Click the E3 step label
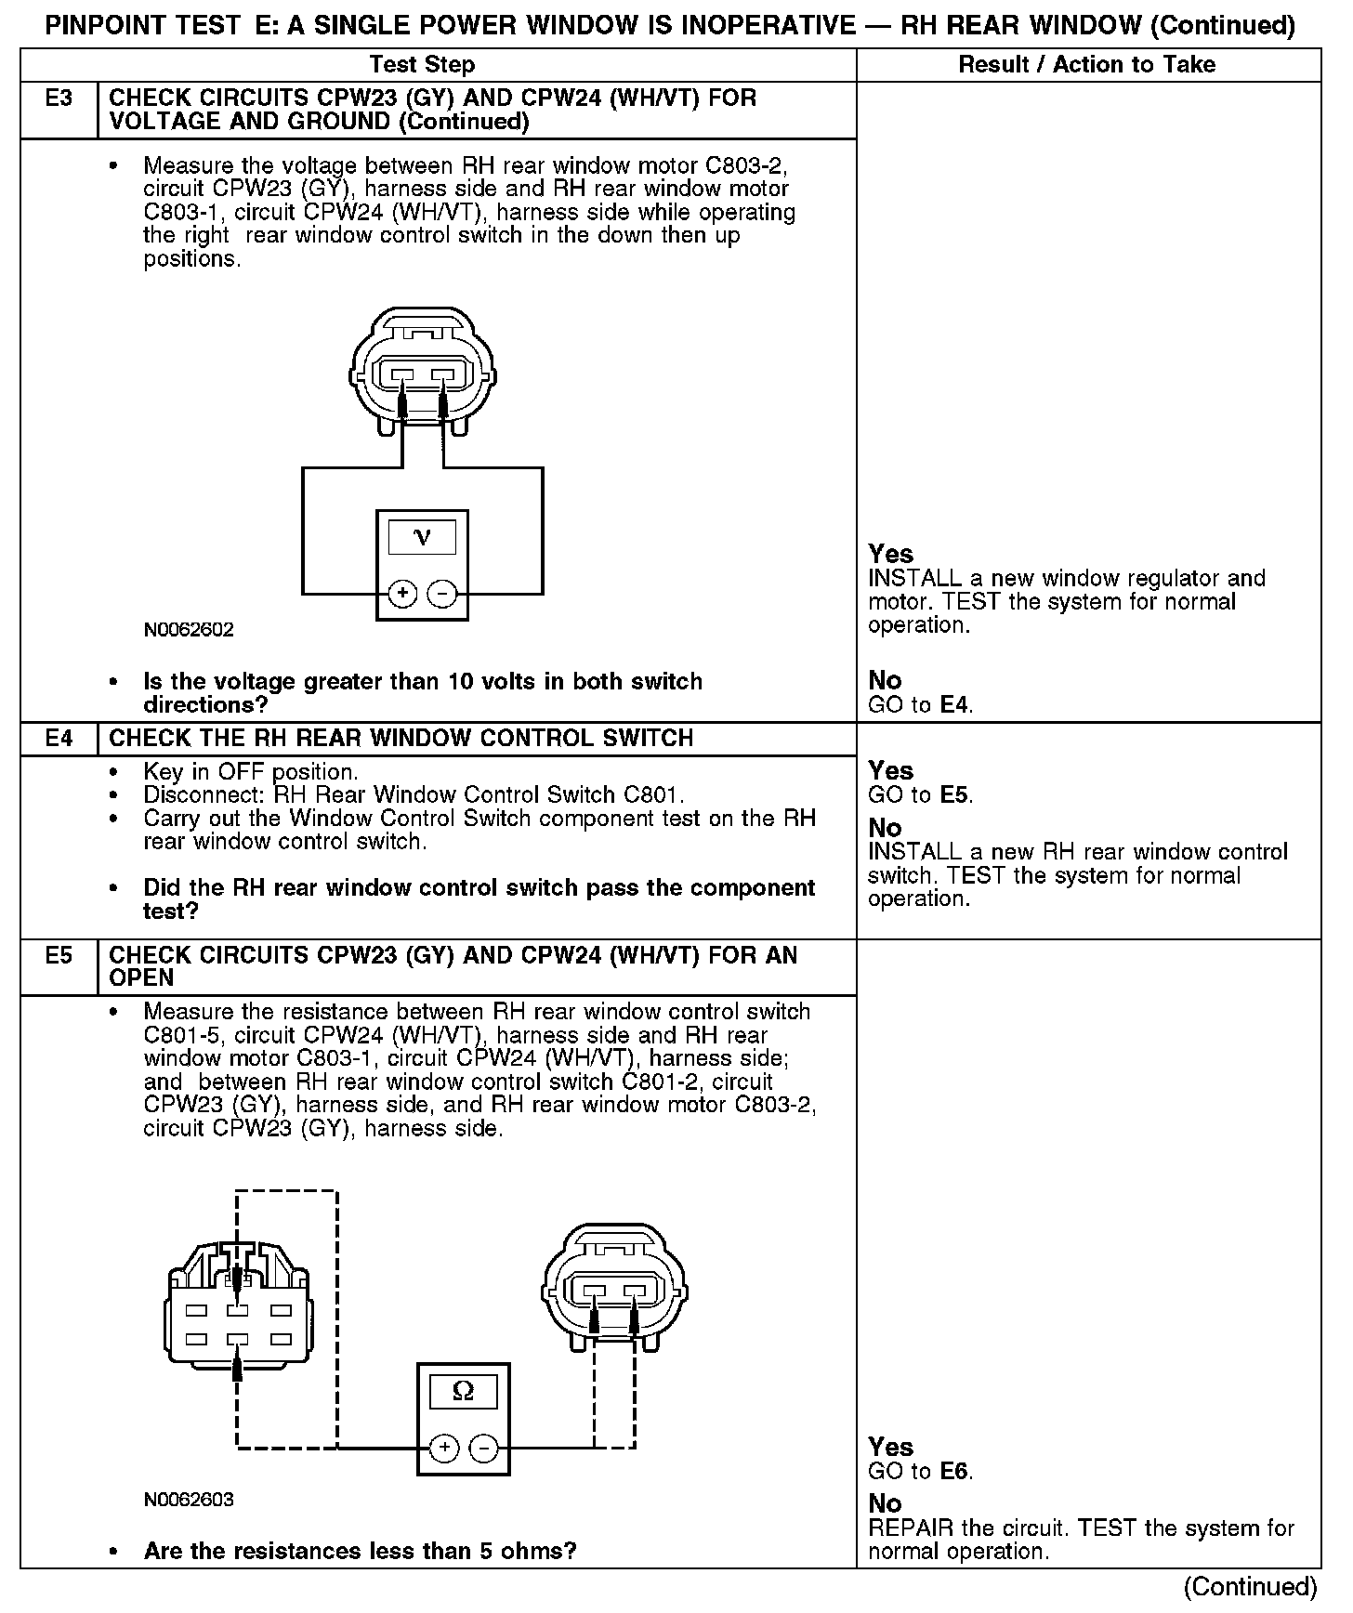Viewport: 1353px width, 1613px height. click(x=59, y=98)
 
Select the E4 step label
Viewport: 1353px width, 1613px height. click(x=59, y=739)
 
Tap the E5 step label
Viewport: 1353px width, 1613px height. click(x=59, y=955)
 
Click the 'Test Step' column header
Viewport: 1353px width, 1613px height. click(x=422, y=64)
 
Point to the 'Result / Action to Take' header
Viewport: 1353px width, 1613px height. click(x=1086, y=64)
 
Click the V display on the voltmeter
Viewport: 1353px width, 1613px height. click(x=422, y=537)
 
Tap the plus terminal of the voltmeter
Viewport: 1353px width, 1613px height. click(x=401, y=593)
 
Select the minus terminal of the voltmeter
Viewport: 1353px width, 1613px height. click(x=441, y=593)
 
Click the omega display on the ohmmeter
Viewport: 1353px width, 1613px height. click(x=463, y=1391)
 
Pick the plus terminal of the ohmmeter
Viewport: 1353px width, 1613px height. click(x=444, y=1448)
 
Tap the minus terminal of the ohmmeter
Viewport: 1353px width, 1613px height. click(x=483, y=1448)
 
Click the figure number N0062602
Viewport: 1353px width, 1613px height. click(x=189, y=629)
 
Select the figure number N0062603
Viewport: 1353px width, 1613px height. click(x=189, y=1499)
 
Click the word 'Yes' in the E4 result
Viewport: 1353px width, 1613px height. click(x=890, y=770)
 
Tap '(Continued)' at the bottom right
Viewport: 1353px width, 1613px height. click(x=1251, y=1586)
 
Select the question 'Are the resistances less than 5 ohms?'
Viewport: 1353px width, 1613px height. click(x=360, y=1551)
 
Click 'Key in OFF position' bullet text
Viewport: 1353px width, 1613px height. click(x=250, y=772)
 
